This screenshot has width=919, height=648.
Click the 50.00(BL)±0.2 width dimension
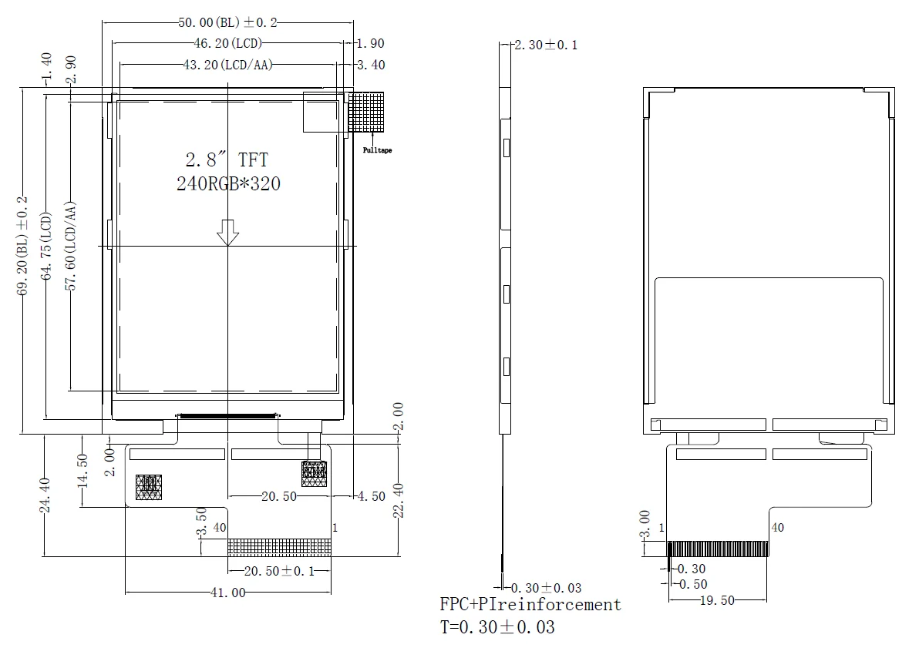click(227, 24)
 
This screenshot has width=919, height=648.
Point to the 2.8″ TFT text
click(227, 159)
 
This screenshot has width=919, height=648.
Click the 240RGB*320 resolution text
click(227, 184)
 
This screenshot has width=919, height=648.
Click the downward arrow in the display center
click(227, 232)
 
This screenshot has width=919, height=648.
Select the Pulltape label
click(377, 150)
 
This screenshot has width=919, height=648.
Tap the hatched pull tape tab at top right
click(366, 112)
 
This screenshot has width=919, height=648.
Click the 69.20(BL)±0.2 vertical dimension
click(23, 246)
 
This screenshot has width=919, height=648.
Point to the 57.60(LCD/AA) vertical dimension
click(70, 246)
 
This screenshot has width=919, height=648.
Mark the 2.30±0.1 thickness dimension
click(547, 45)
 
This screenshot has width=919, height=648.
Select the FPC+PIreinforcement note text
click(530, 605)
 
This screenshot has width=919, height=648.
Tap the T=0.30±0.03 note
click(497, 627)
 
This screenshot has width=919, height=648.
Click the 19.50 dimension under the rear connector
click(716, 601)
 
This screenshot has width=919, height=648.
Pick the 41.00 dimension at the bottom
click(227, 593)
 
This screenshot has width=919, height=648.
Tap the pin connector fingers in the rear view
click(718, 549)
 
